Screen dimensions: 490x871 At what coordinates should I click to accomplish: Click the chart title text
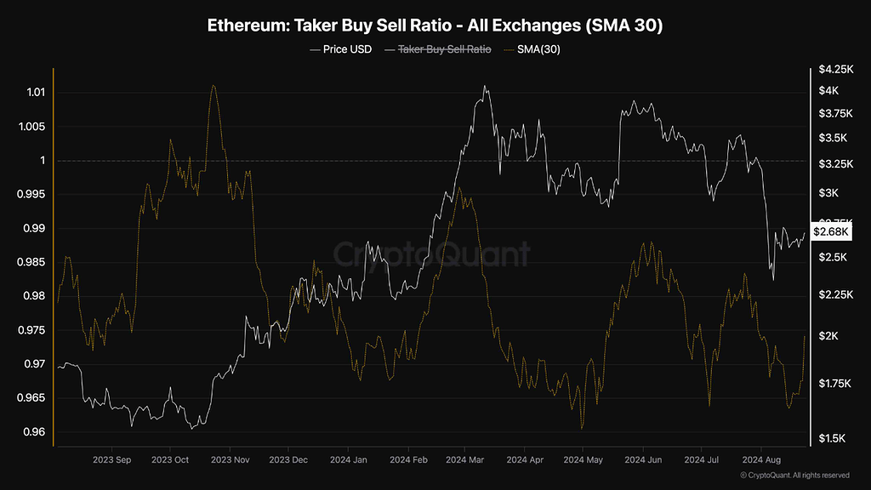[435, 26]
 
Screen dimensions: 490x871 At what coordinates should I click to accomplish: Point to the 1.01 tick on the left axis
[32, 92]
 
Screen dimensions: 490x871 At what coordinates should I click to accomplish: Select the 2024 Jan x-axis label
[348, 460]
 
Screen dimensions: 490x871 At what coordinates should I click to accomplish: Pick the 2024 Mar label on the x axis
[464, 460]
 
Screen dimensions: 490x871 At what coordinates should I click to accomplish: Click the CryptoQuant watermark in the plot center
[430, 254]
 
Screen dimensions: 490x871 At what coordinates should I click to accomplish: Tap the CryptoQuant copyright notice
[794, 476]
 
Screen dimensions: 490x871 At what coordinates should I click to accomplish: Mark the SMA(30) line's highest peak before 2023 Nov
[213, 86]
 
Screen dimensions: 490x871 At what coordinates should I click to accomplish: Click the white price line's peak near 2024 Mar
[485, 86]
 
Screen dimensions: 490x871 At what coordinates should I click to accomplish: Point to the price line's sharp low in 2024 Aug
[773, 280]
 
